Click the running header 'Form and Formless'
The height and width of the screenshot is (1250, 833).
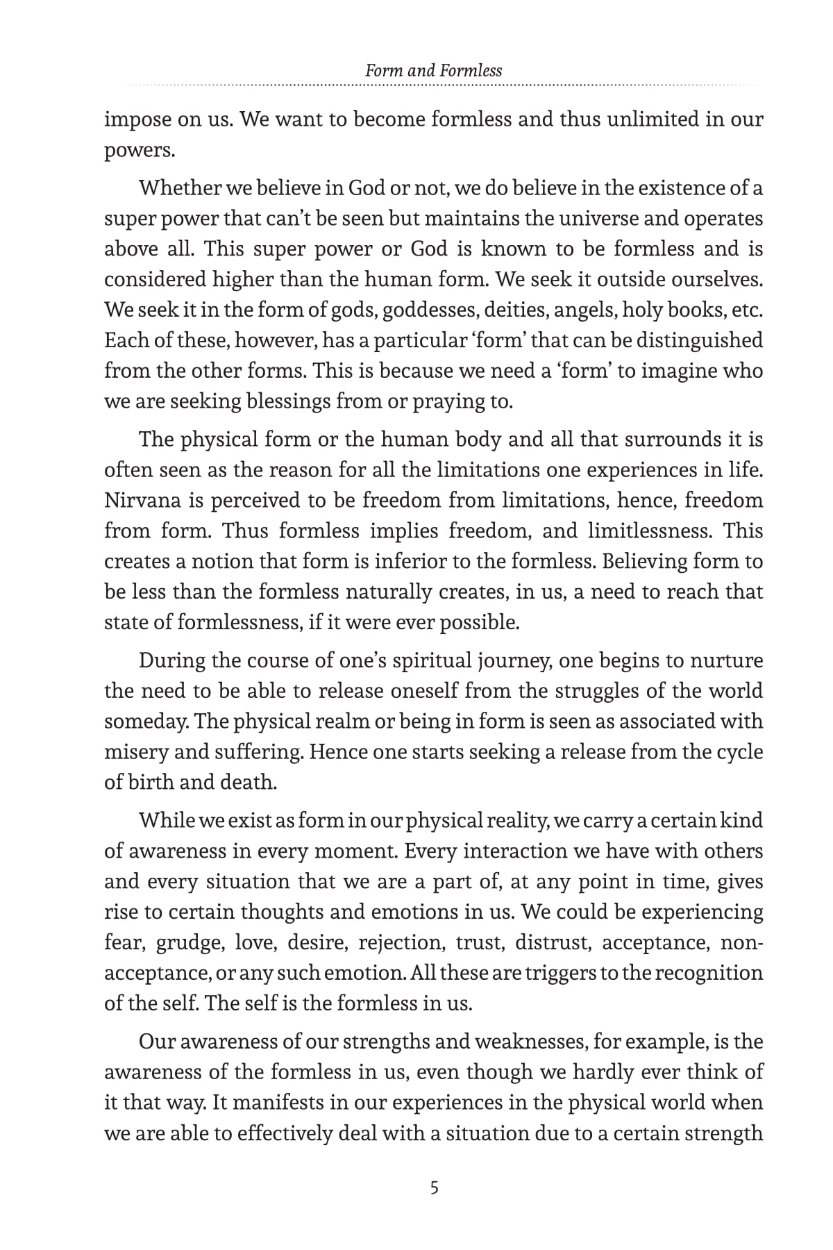(x=433, y=70)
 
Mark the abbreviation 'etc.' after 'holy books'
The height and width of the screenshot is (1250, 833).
(x=746, y=310)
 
